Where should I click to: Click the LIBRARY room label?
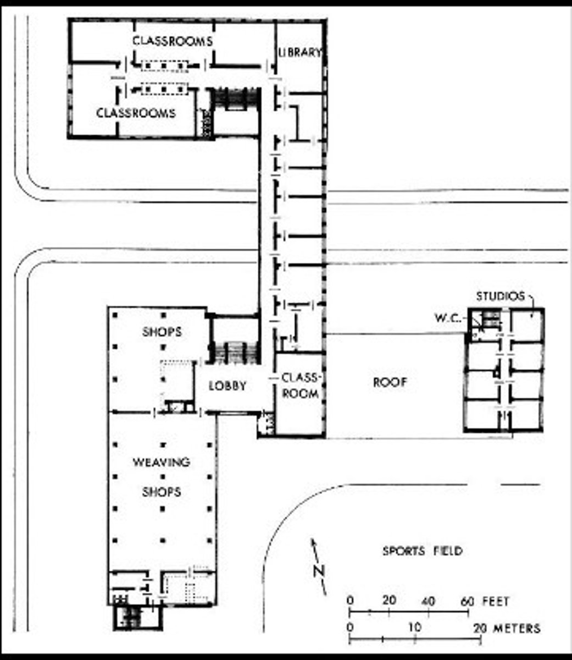point(299,52)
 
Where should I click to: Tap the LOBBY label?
point(227,386)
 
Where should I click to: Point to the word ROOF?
point(390,382)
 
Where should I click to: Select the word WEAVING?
point(162,462)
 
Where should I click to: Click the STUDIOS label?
point(501,296)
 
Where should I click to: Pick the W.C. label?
point(448,318)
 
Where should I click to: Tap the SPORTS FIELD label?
point(423,551)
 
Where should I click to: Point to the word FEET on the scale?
point(496,601)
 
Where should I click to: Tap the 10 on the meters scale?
point(415,628)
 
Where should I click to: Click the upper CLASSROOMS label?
point(173,41)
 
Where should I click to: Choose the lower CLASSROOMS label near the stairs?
point(136,113)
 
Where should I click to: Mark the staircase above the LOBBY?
point(235,353)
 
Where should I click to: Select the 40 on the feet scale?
point(428,601)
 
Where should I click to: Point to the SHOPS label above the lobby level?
point(162,332)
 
